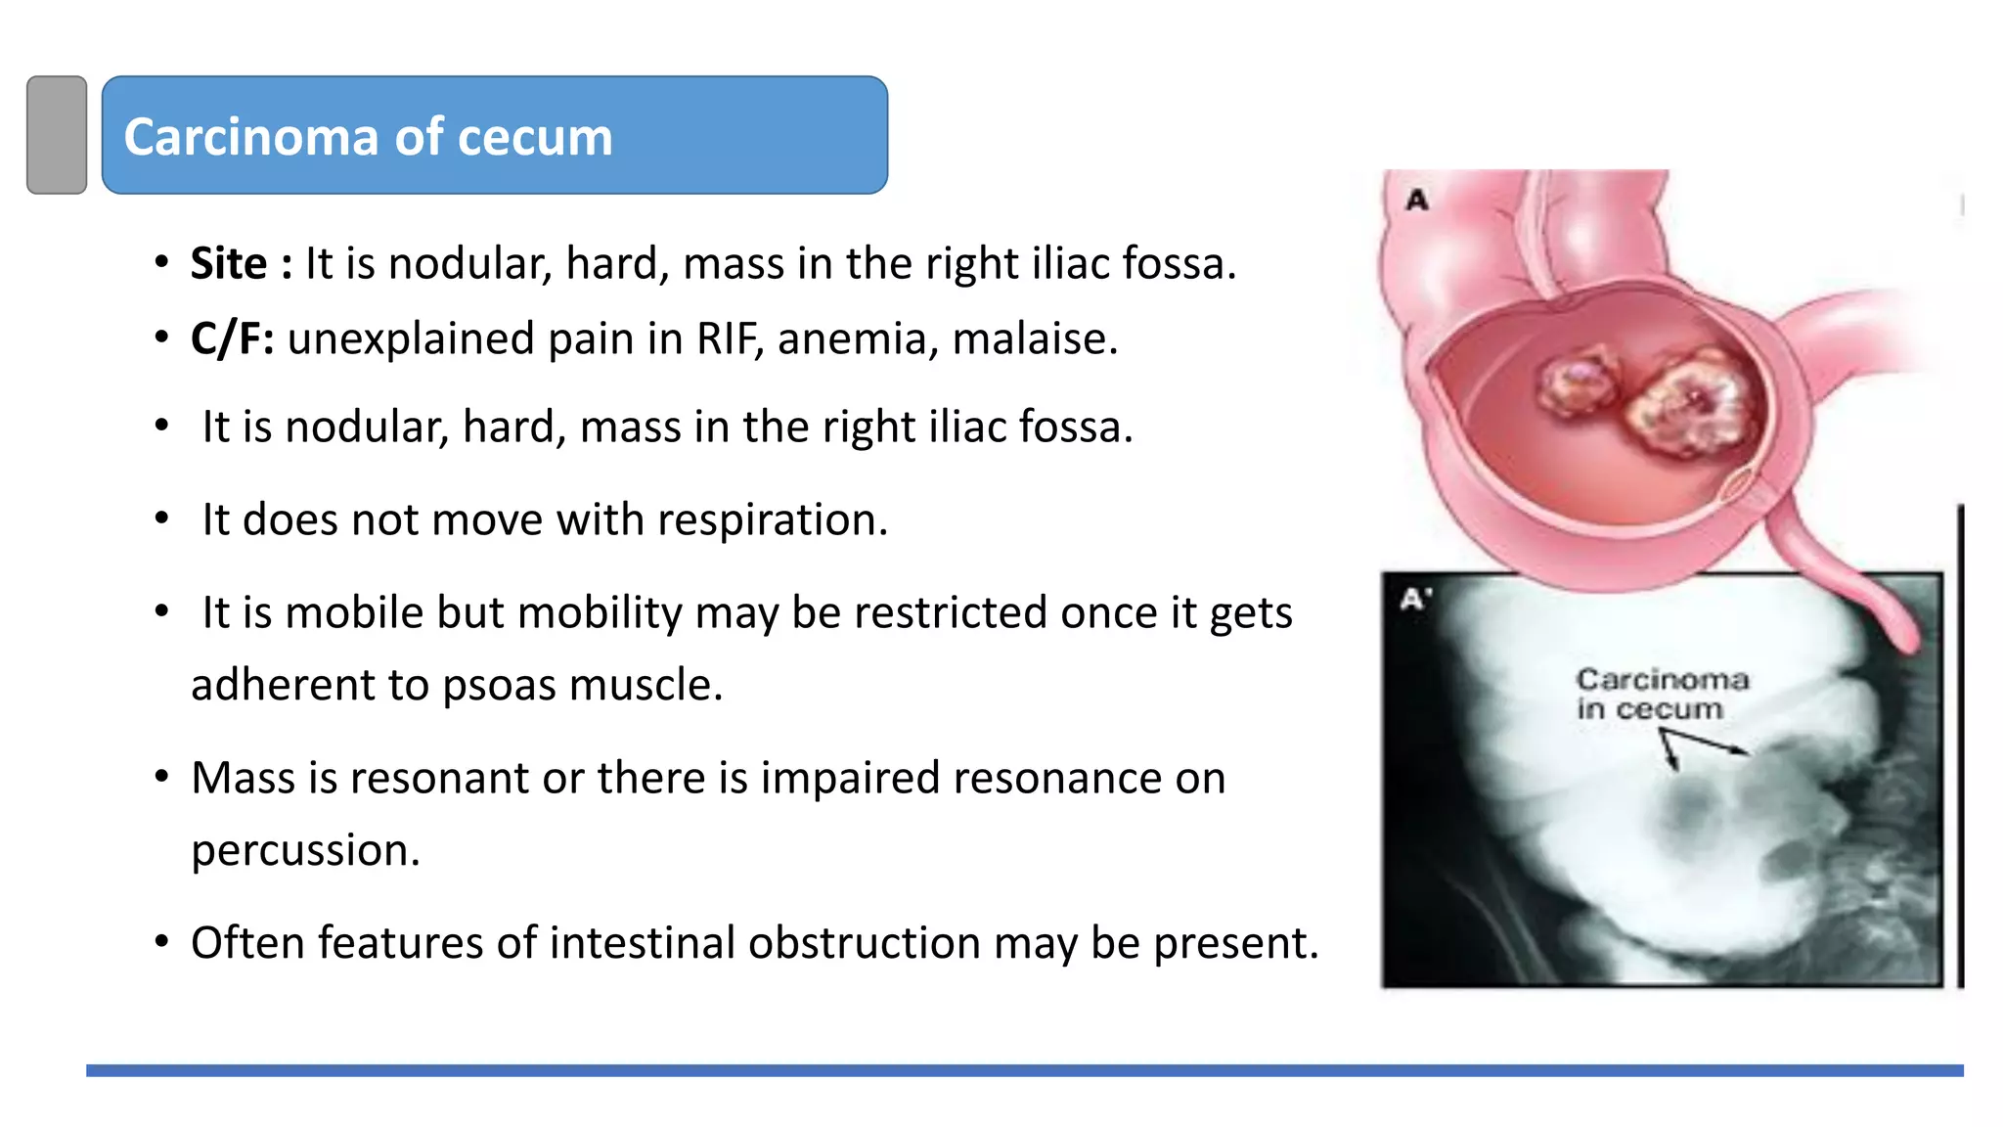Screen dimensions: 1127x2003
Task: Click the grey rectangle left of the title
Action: [x=57, y=135]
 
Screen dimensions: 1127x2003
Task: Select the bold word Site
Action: [x=228, y=264]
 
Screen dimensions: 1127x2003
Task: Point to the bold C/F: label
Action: [x=232, y=339]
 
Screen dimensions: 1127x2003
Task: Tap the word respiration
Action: [x=772, y=519]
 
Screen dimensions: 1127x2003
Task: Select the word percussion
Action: [x=305, y=850]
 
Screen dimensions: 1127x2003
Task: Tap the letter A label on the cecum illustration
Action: [x=1417, y=201]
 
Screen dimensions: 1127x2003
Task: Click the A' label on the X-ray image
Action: [x=1415, y=599]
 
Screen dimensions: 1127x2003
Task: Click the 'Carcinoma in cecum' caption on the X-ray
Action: [x=1660, y=694]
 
